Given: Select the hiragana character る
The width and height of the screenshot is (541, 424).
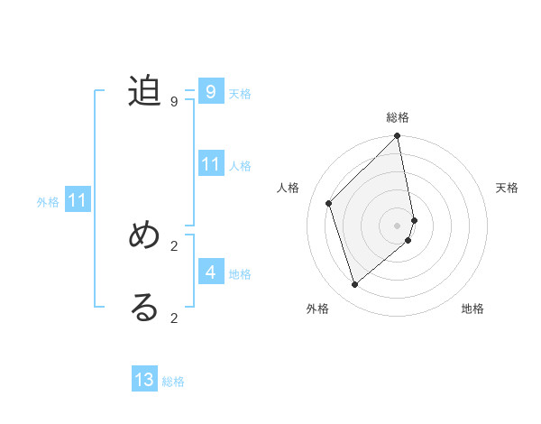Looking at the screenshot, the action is coord(144,307).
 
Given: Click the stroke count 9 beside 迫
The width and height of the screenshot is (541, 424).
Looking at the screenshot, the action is coord(174,102).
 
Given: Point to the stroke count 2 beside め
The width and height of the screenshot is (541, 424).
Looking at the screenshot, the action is coord(174,245).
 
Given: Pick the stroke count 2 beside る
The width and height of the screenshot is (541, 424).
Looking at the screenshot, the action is coord(174,318).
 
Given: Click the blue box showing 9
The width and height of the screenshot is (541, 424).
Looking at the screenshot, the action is coord(210,92).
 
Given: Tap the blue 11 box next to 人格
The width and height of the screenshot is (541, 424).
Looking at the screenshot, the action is coord(210,164).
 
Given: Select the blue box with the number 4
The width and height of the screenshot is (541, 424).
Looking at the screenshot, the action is coord(210,272).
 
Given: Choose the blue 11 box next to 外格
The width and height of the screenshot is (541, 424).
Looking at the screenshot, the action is coord(78,201).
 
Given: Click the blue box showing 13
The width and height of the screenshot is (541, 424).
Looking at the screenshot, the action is coord(144,380).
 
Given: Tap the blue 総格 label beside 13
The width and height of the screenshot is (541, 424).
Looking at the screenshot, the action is coord(173,382).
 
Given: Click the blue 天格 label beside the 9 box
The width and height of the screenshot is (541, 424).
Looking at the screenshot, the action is coord(240,94).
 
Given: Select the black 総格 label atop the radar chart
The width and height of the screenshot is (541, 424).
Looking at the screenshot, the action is coord(398,117).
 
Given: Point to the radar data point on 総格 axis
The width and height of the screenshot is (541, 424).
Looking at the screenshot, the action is coord(398,136).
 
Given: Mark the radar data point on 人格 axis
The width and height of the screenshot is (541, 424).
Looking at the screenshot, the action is coord(329,203).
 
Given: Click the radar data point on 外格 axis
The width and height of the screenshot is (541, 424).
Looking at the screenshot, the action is coord(355,284).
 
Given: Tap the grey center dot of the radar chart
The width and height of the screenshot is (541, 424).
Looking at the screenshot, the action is coord(398,226).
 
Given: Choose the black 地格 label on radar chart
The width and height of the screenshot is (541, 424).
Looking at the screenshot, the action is coord(472,309).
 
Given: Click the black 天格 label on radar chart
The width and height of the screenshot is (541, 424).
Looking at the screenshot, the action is coord(507,188).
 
